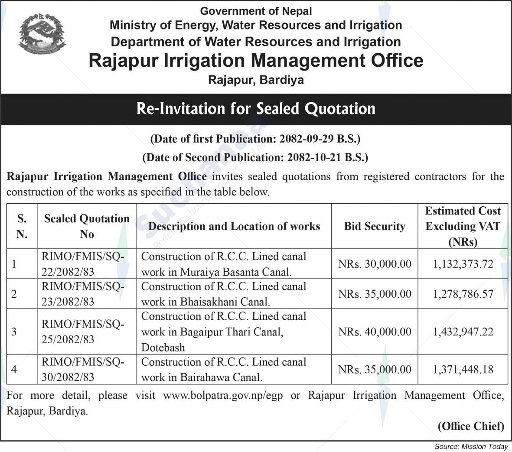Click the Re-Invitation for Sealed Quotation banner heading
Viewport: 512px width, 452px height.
click(256, 108)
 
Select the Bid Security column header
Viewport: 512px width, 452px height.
click(375, 226)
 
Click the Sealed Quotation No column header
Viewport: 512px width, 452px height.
click(87, 226)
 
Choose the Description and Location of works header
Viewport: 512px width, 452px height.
click(234, 226)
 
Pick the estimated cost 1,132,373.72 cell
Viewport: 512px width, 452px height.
click(463, 264)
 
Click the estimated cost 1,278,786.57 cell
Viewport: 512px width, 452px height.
click(463, 294)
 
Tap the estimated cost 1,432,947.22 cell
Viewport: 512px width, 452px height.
click(463, 332)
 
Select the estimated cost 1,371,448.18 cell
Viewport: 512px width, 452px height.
click(463, 370)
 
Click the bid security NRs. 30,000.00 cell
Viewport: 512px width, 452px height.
click(375, 264)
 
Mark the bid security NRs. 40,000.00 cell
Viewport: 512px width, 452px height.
click(375, 332)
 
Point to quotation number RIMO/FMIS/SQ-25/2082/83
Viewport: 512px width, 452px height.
click(83, 332)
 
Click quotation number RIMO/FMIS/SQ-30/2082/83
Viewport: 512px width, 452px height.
click(83, 369)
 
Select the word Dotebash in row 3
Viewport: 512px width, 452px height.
click(163, 348)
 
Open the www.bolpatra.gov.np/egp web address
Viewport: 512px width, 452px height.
click(223, 396)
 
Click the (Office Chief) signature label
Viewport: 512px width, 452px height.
click(471, 426)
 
